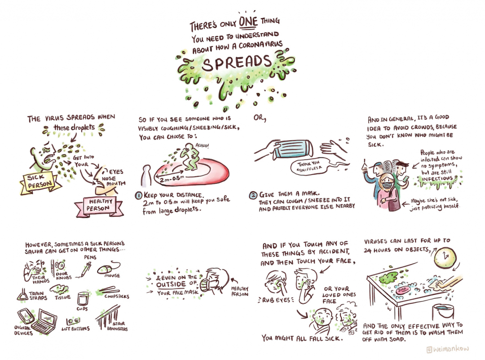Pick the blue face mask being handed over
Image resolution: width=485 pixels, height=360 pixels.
[x=294, y=148]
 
